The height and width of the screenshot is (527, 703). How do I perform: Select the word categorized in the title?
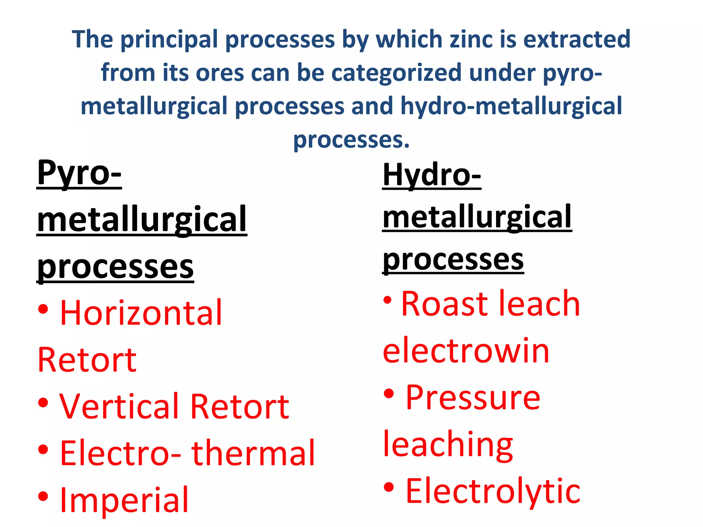click(396, 72)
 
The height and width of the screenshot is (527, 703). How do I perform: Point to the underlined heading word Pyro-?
click(79, 173)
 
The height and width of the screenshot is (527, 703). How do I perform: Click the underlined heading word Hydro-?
click(432, 175)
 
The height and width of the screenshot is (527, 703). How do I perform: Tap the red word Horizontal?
click(141, 313)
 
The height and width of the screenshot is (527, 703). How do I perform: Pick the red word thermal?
click(253, 453)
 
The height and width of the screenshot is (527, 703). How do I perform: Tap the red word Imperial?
click(124, 500)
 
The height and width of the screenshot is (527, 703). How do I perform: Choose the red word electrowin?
click(466, 351)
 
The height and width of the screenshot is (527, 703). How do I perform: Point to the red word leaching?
click(448, 445)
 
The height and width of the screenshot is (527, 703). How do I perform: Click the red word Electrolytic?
click(493, 491)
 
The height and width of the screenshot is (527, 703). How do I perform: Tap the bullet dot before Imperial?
click(43, 496)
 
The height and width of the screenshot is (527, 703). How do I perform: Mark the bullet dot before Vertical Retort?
click(43, 402)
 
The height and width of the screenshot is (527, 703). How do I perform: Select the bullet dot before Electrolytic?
click(389, 487)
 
